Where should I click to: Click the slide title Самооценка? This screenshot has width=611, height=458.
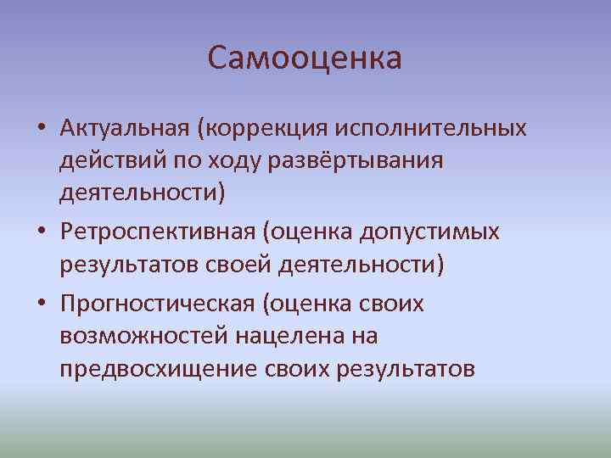305,59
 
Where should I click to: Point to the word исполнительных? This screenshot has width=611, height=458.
432,128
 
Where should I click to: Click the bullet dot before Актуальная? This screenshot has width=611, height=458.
41,129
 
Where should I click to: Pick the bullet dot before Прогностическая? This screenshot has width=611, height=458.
41,304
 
